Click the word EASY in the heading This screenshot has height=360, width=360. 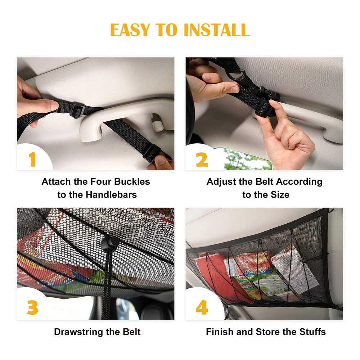[130, 30]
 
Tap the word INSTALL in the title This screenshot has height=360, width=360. [217, 30]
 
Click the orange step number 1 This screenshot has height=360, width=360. [32, 159]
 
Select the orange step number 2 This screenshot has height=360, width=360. [202, 159]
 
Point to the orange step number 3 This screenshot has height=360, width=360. [33, 307]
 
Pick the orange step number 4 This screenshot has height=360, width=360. [202, 307]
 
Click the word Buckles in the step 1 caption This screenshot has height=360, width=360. [132, 181]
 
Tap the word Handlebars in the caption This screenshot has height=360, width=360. [111, 195]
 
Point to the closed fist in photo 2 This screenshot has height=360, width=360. [287, 140]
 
